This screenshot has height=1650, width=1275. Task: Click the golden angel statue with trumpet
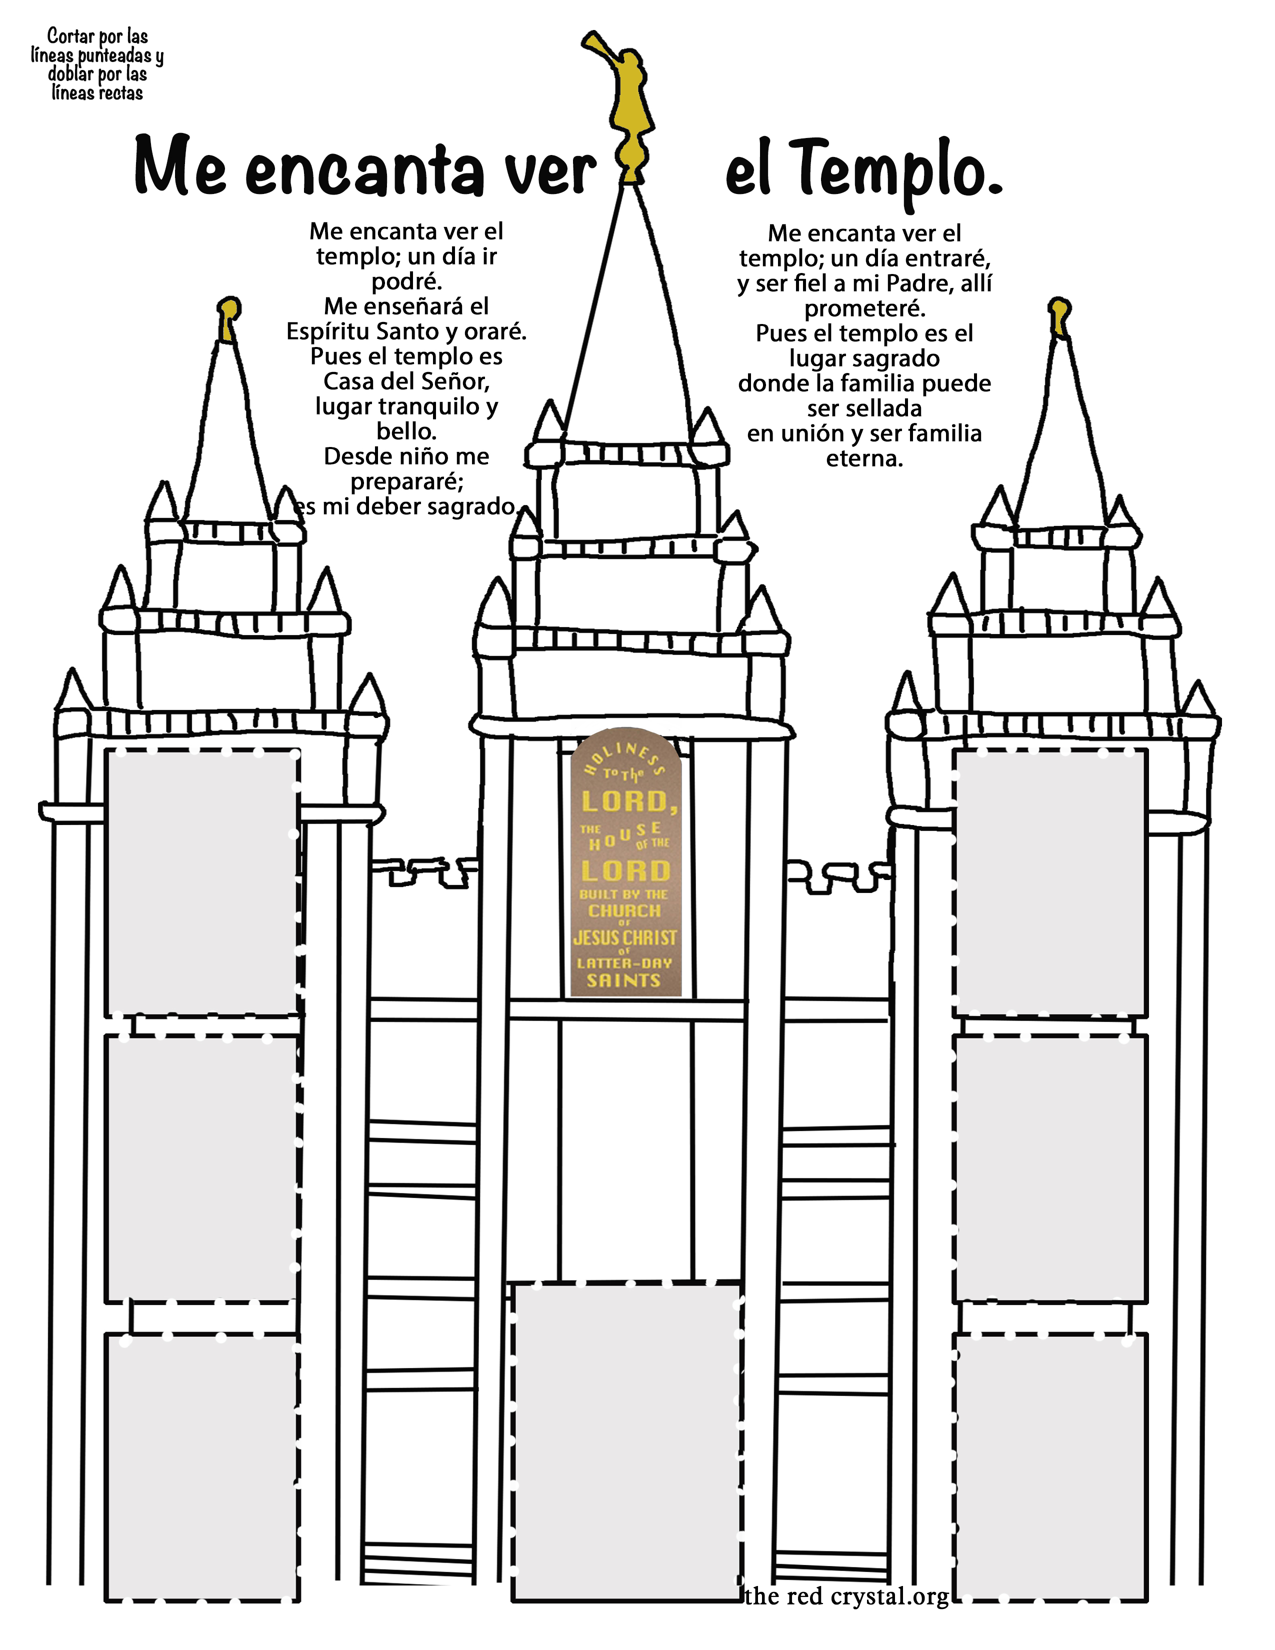628,106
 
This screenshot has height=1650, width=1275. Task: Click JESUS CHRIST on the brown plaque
624,937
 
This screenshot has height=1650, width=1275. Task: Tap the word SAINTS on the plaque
624,980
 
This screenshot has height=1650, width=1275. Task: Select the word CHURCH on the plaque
624,910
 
